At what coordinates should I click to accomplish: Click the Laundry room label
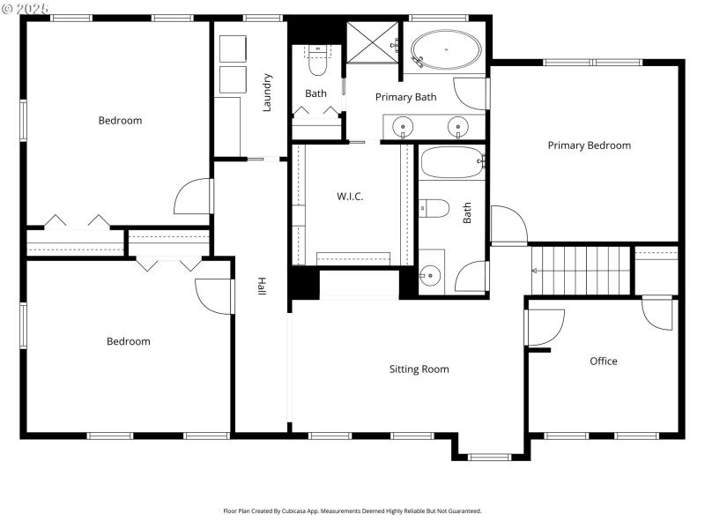coord(266,93)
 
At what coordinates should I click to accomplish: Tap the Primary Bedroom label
coord(589,145)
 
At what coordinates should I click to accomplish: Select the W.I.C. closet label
coord(350,197)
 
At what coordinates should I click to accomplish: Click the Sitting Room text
coord(419,369)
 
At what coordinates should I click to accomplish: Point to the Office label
coord(603,361)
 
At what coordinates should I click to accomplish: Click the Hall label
coord(262,287)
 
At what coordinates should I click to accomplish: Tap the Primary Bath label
coord(405,97)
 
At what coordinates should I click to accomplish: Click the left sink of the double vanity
coord(404,128)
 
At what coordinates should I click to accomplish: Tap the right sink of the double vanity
coord(458,128)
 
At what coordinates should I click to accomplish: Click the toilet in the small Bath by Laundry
coord(316,63)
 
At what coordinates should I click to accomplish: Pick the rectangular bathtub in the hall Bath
coord(451,162)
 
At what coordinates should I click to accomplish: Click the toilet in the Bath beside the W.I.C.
coord(435,208)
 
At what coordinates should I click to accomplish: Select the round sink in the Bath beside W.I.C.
coord(430,276)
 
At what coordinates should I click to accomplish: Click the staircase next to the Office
coord(582,270)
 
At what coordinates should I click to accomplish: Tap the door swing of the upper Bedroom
coord(194,197)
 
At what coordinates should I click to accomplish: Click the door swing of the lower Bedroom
coord(214,295)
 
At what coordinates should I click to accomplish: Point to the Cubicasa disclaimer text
coord(352,510)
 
